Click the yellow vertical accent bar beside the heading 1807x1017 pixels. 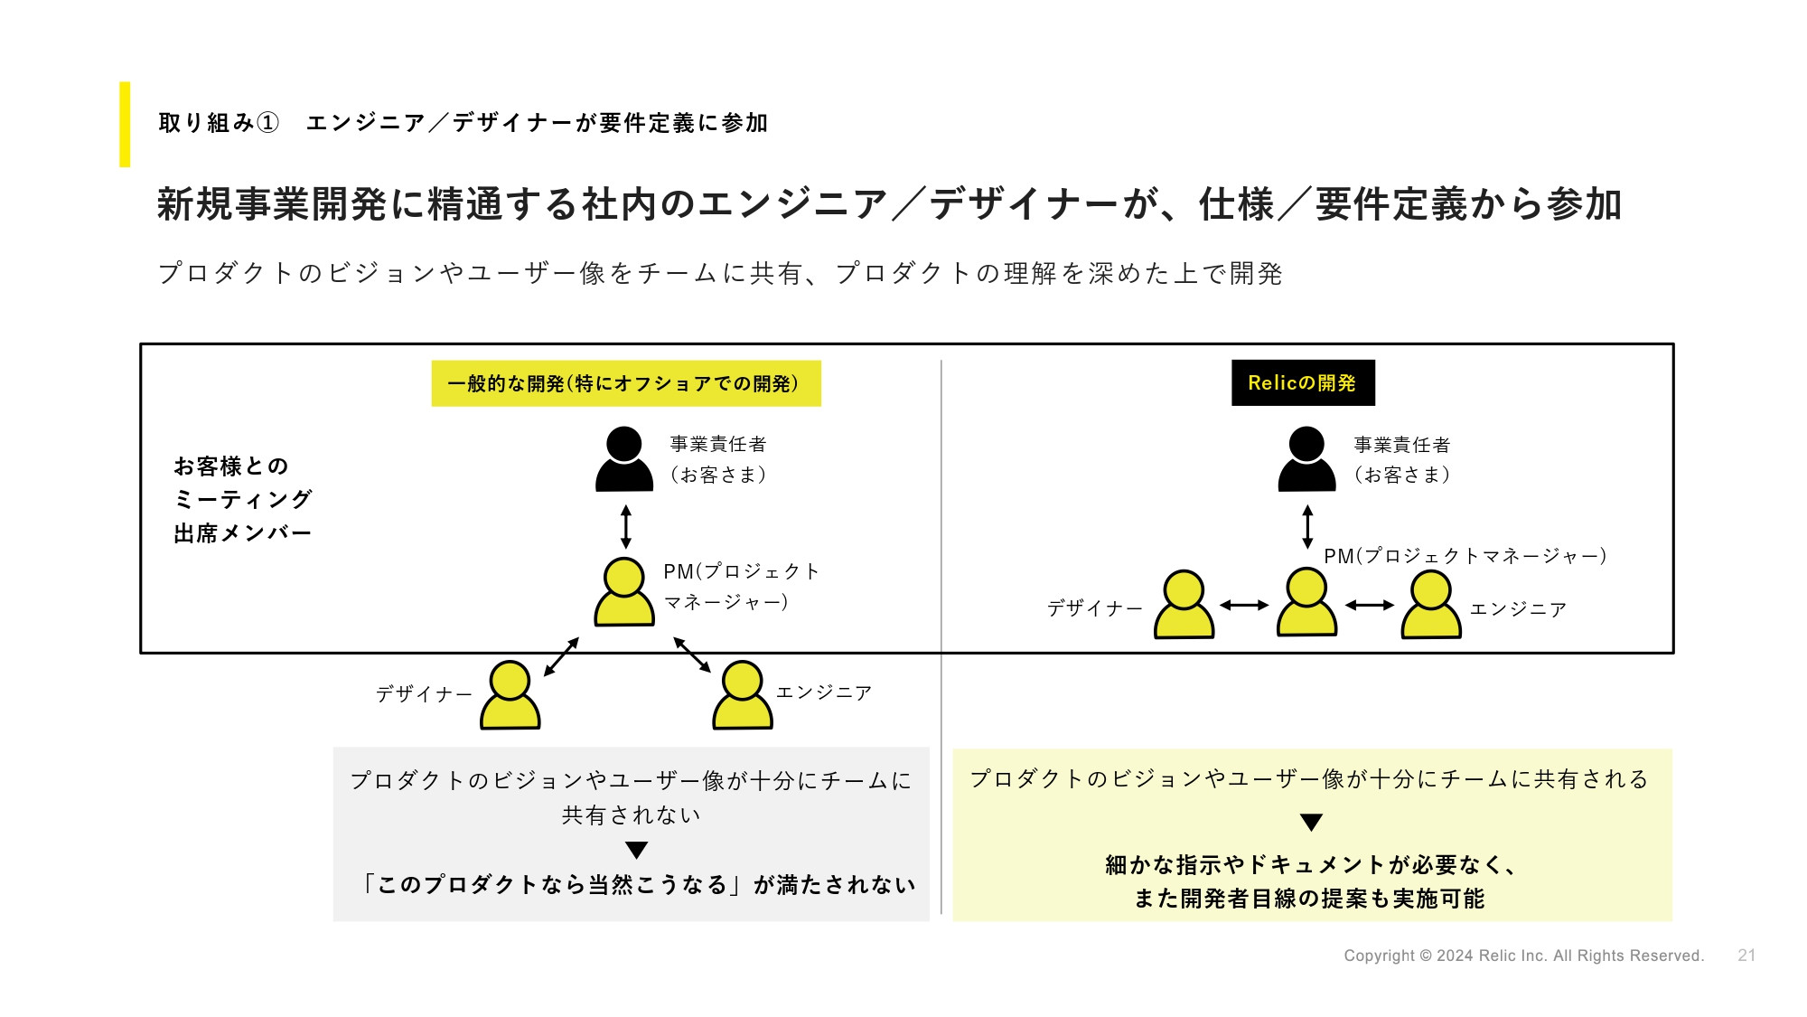pyautogui.click(x=125, y=125)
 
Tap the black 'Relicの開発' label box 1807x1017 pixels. pyautogui.click(x=1303, y=383)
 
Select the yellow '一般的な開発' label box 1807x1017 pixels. pyautogui.click(x=626, y=383)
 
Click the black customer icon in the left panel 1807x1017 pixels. pyautogui.click(x=624, y=459)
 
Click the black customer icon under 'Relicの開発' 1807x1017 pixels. pyautogui.click(x=1306, y=459)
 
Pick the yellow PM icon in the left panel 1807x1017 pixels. pyautogui.click(x=624, y=592)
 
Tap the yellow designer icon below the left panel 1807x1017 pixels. pyautogui.click(x=510, y=695)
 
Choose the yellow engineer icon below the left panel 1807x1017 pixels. pyautogui.click(x=743, y=695)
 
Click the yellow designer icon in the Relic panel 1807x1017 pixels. pyautogui.click(x=1184, y=604)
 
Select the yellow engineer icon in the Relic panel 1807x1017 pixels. pyautogui.click(x=1431, y=604)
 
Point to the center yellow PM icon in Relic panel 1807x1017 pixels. pyautogui.click(x=1306, y=602)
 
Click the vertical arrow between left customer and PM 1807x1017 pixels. pyautogui.click(x=626, y=526)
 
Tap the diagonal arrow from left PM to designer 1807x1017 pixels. pyautogui.click(x=561, y=657)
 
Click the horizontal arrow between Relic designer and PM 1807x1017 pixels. pyautogui.click(x=1245, y=606)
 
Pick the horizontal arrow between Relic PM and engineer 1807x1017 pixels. pyautogui.click(x=1370, y=606)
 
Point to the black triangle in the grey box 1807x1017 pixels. pyautogui.click(x=637, y=851)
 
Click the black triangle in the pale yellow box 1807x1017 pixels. pyautogui.click(x=1312, y=823)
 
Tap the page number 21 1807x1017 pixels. pyautogui.click(x=1746, y=956)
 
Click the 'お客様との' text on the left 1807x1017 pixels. pyautogui.click(x=231, y=466)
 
